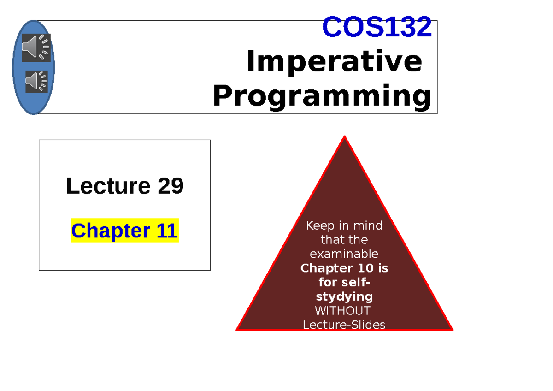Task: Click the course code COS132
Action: click(x=377, y=27)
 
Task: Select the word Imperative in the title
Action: click(x=334, y=62)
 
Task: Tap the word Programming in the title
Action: click(x=322, y=97)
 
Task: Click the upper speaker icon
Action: click(x=36, y=47)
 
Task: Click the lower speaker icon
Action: click(x=37, y=82)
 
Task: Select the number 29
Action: click(x=171, y=186)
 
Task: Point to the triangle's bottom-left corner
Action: click(x=237, y=329)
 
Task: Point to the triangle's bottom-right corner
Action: click(x=452, y=329)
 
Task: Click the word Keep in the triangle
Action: click(x=318, y=226)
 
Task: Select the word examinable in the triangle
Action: click(x=344, y=254)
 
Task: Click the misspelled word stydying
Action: click(x=344, y=296)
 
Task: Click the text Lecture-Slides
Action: click(x=344, y=325)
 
